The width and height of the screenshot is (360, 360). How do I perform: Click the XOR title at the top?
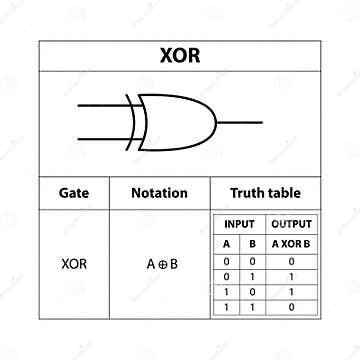coord(180,55)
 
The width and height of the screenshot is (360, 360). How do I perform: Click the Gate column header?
coord(74,193)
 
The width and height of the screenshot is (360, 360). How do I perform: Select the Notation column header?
coord(159,193)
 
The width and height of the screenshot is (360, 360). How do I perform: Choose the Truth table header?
coord(265,193)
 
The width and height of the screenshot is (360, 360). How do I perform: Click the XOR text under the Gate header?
coord(74,265)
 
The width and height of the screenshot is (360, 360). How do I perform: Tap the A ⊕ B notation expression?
coord(160,265)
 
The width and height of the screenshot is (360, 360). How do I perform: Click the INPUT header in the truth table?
coord(238,224)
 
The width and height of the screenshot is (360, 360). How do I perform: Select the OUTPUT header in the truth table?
coord(291,224)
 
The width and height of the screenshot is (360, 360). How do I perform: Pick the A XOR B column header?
coord(291,244)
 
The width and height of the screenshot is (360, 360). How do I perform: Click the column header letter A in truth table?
coord(226,244)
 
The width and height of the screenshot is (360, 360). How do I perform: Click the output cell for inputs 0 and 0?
coord(291,260)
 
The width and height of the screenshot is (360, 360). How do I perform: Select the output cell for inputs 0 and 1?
coord(291,274)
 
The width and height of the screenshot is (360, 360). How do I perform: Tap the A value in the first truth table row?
coord(226,260)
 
